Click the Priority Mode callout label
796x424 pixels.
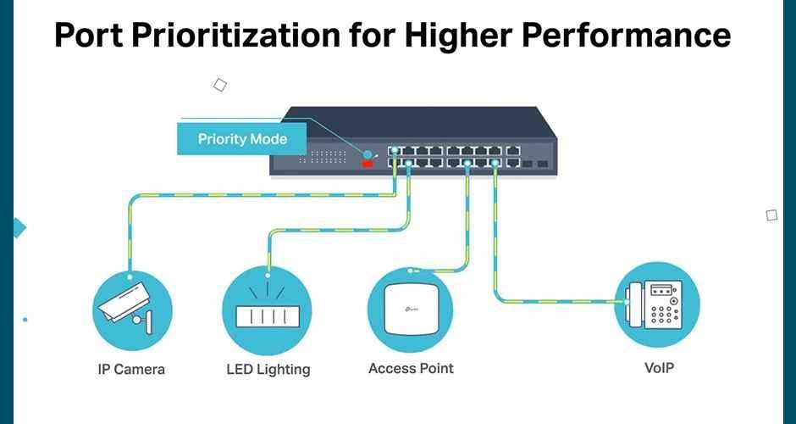(x=242, y=139)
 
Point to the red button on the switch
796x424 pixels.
(x=368, y=162)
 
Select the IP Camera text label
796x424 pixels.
(x=130, y=369)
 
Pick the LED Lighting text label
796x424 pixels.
(x=268, y=369)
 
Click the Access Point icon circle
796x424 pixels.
(x=410, y=309)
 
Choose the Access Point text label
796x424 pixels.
(x=411, y=368)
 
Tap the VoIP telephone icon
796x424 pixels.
(x=656, y=304)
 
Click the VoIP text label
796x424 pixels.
(x=658, y=368)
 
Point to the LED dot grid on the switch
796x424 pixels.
(x=328, y=157)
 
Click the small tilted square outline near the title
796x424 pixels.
(x=220, y=84)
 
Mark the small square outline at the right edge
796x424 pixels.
(x=771, y=215)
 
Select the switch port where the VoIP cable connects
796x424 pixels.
(x=495, y=163)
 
